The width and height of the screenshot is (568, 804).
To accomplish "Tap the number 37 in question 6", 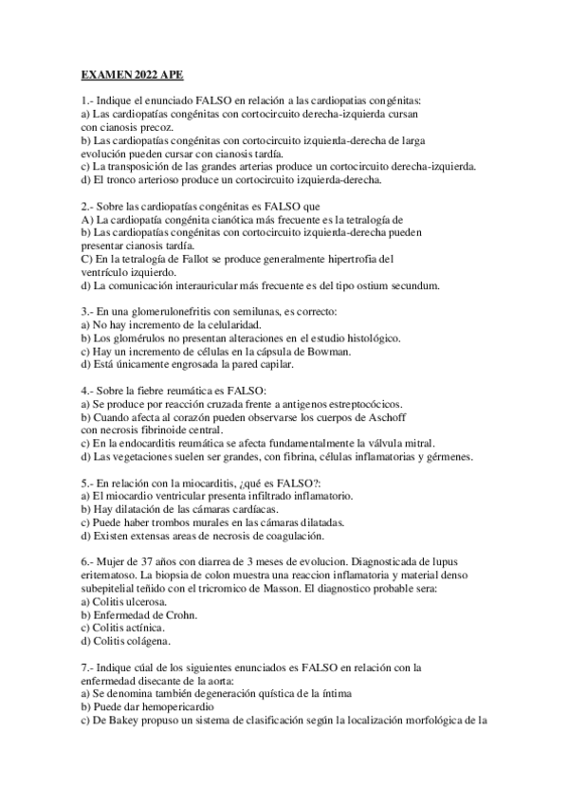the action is pos(146,561).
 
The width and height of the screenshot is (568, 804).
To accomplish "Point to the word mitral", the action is pos(419,442).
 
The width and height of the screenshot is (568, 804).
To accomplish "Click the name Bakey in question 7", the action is pos(123,720).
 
